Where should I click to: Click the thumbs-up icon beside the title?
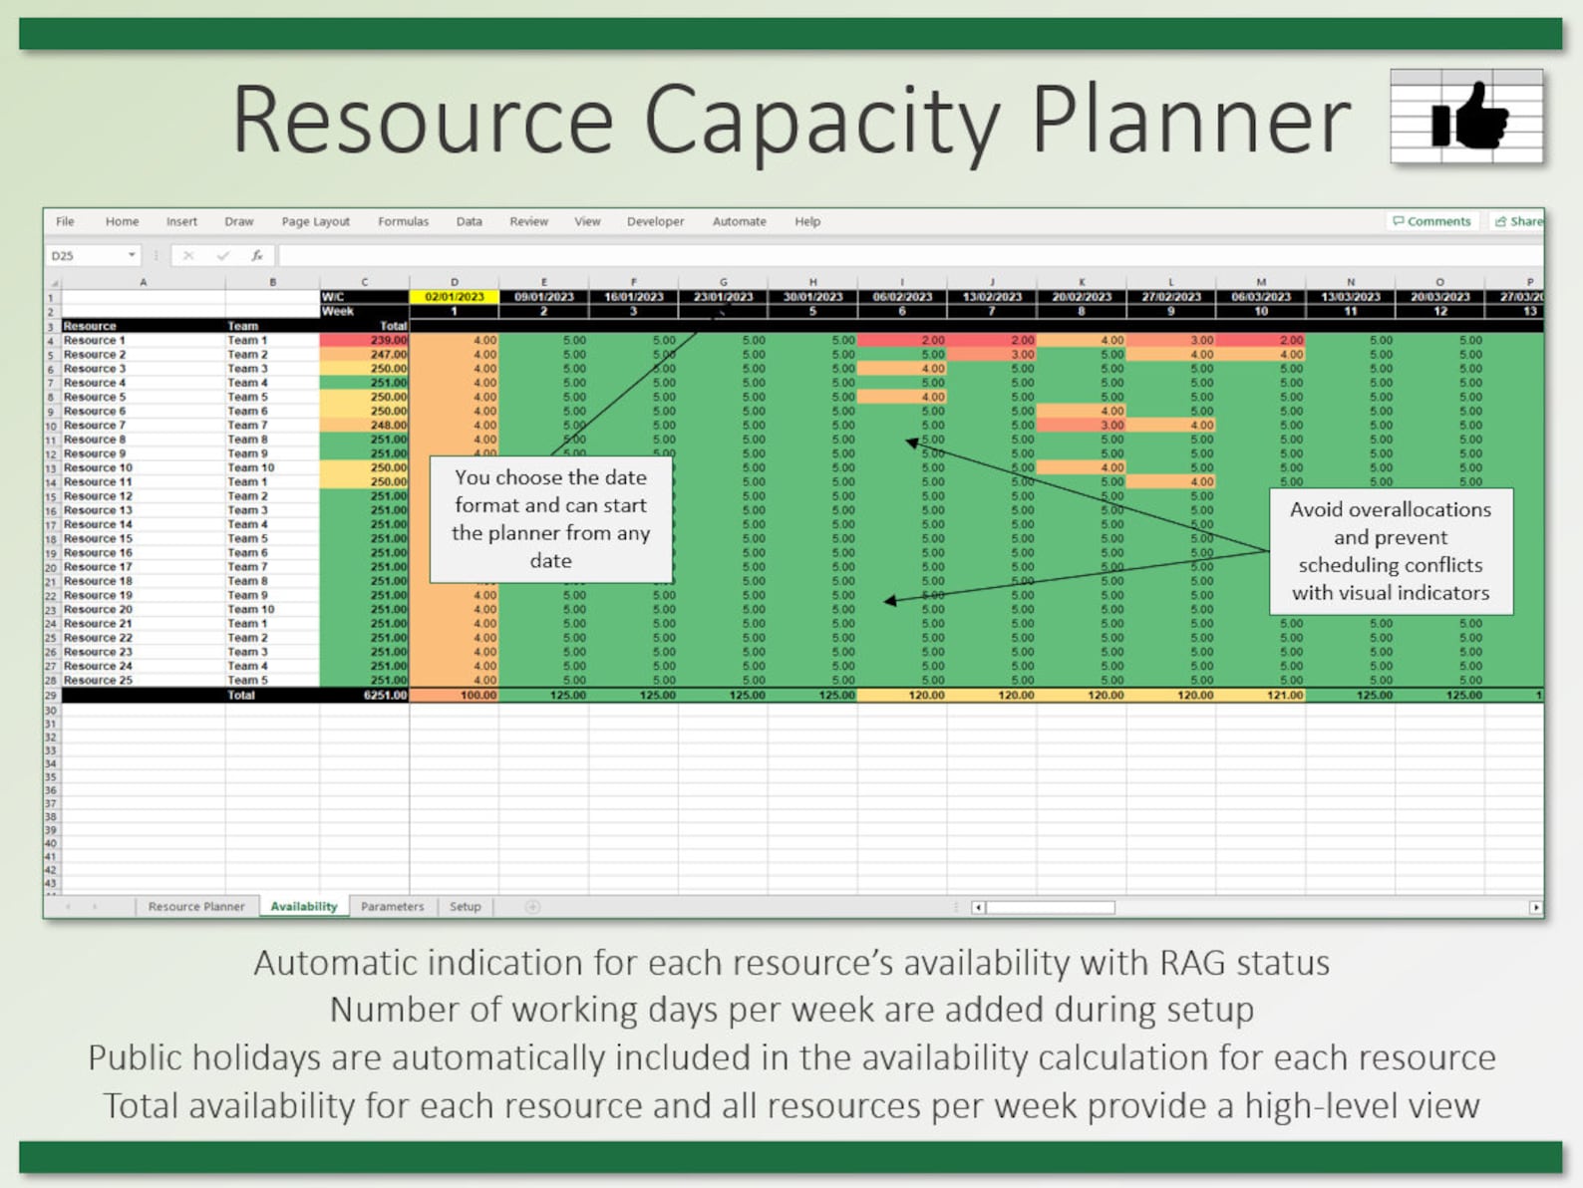click(1468, 117)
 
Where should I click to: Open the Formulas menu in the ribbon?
click(403, 221)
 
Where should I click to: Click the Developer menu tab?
click(655, 221)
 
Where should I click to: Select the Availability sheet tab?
click(304, 906)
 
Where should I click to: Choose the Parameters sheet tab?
click(392, 906)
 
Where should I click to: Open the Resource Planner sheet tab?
click(195, 906)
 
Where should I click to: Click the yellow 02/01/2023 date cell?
click(454, 297)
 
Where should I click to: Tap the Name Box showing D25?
click(90, 256)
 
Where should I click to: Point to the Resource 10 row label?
click(98, 467)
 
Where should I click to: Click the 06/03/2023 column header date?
click(1260, 297)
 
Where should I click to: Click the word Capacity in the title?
click(821, 121)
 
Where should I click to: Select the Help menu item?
click(807, 221)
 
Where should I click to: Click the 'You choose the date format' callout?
click(551, 518)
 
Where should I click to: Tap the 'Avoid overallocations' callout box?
click(1390, 550)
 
